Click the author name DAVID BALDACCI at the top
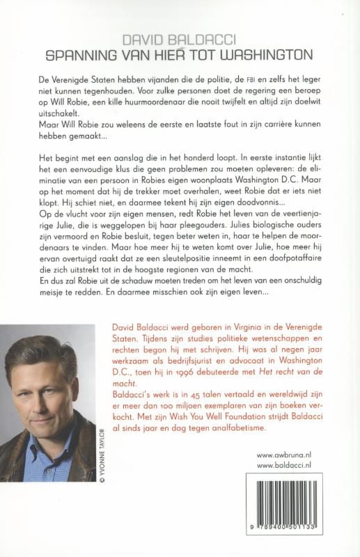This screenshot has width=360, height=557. tap(180, 42)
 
